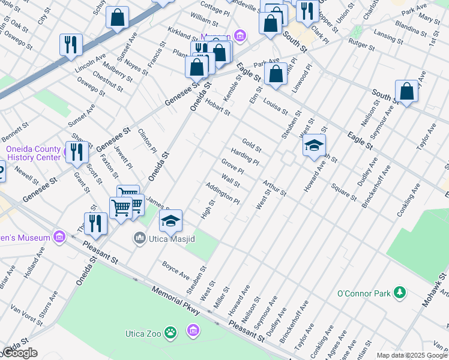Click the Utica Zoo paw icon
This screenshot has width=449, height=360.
pyautogui.click(x=171, y=332)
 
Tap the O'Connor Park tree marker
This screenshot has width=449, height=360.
pyautogui.click(x=399, y=293)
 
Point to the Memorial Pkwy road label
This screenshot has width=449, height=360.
pyautogui.click(x=179, y=301)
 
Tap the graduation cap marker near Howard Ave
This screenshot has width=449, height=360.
pyautogui.click(x=314, y=145)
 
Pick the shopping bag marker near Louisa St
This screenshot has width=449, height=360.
pyautogui.click(x=276, y=74)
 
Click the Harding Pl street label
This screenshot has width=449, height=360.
pyautogui.click(x=245, y=157)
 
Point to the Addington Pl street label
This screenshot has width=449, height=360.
pyautogui.click(x=223, y=192)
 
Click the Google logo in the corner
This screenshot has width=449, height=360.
pyautogui.click(x=20, y=353)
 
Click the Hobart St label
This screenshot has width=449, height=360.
pyautogui.click(x=217, y=109)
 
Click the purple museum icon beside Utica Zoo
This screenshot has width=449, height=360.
pyautogui.click(x=193, y=331)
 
